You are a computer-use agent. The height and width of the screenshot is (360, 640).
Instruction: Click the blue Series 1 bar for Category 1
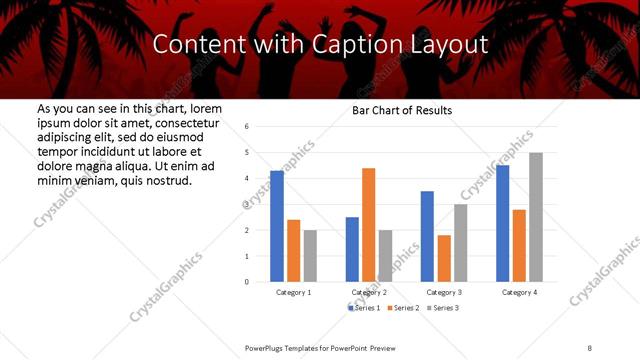(277, 226)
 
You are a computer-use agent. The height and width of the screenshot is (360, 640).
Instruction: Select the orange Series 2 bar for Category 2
(368, 225)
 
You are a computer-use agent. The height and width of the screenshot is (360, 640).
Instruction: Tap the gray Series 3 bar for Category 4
(536, 217)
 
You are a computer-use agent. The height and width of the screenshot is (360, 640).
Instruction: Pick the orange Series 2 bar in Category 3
(444, 258)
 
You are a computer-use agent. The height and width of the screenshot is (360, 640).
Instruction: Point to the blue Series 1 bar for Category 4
(502, 223)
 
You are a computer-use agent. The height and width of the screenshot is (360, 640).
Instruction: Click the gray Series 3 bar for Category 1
(310, 256)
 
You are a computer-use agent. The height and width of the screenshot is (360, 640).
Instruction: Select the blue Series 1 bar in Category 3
(427, 236)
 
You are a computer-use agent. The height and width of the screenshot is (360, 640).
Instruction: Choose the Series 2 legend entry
(403, 307)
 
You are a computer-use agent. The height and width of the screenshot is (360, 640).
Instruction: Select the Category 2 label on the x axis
(370, 292)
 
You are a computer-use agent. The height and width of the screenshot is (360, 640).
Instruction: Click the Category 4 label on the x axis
(519, 292)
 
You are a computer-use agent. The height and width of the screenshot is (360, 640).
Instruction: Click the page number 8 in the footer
(590, 347)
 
